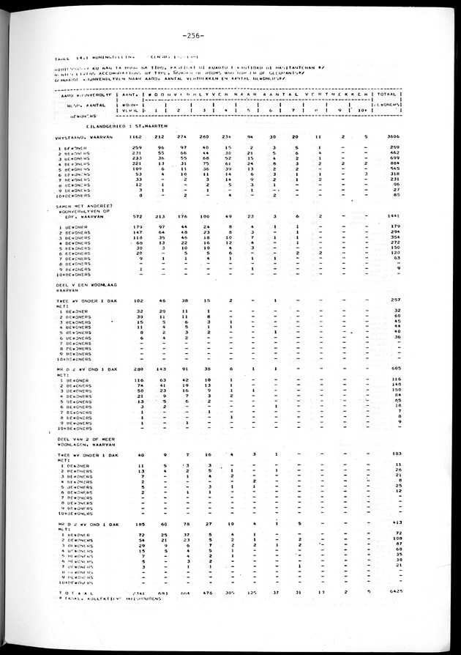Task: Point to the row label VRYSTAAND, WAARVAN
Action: [82, 137]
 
